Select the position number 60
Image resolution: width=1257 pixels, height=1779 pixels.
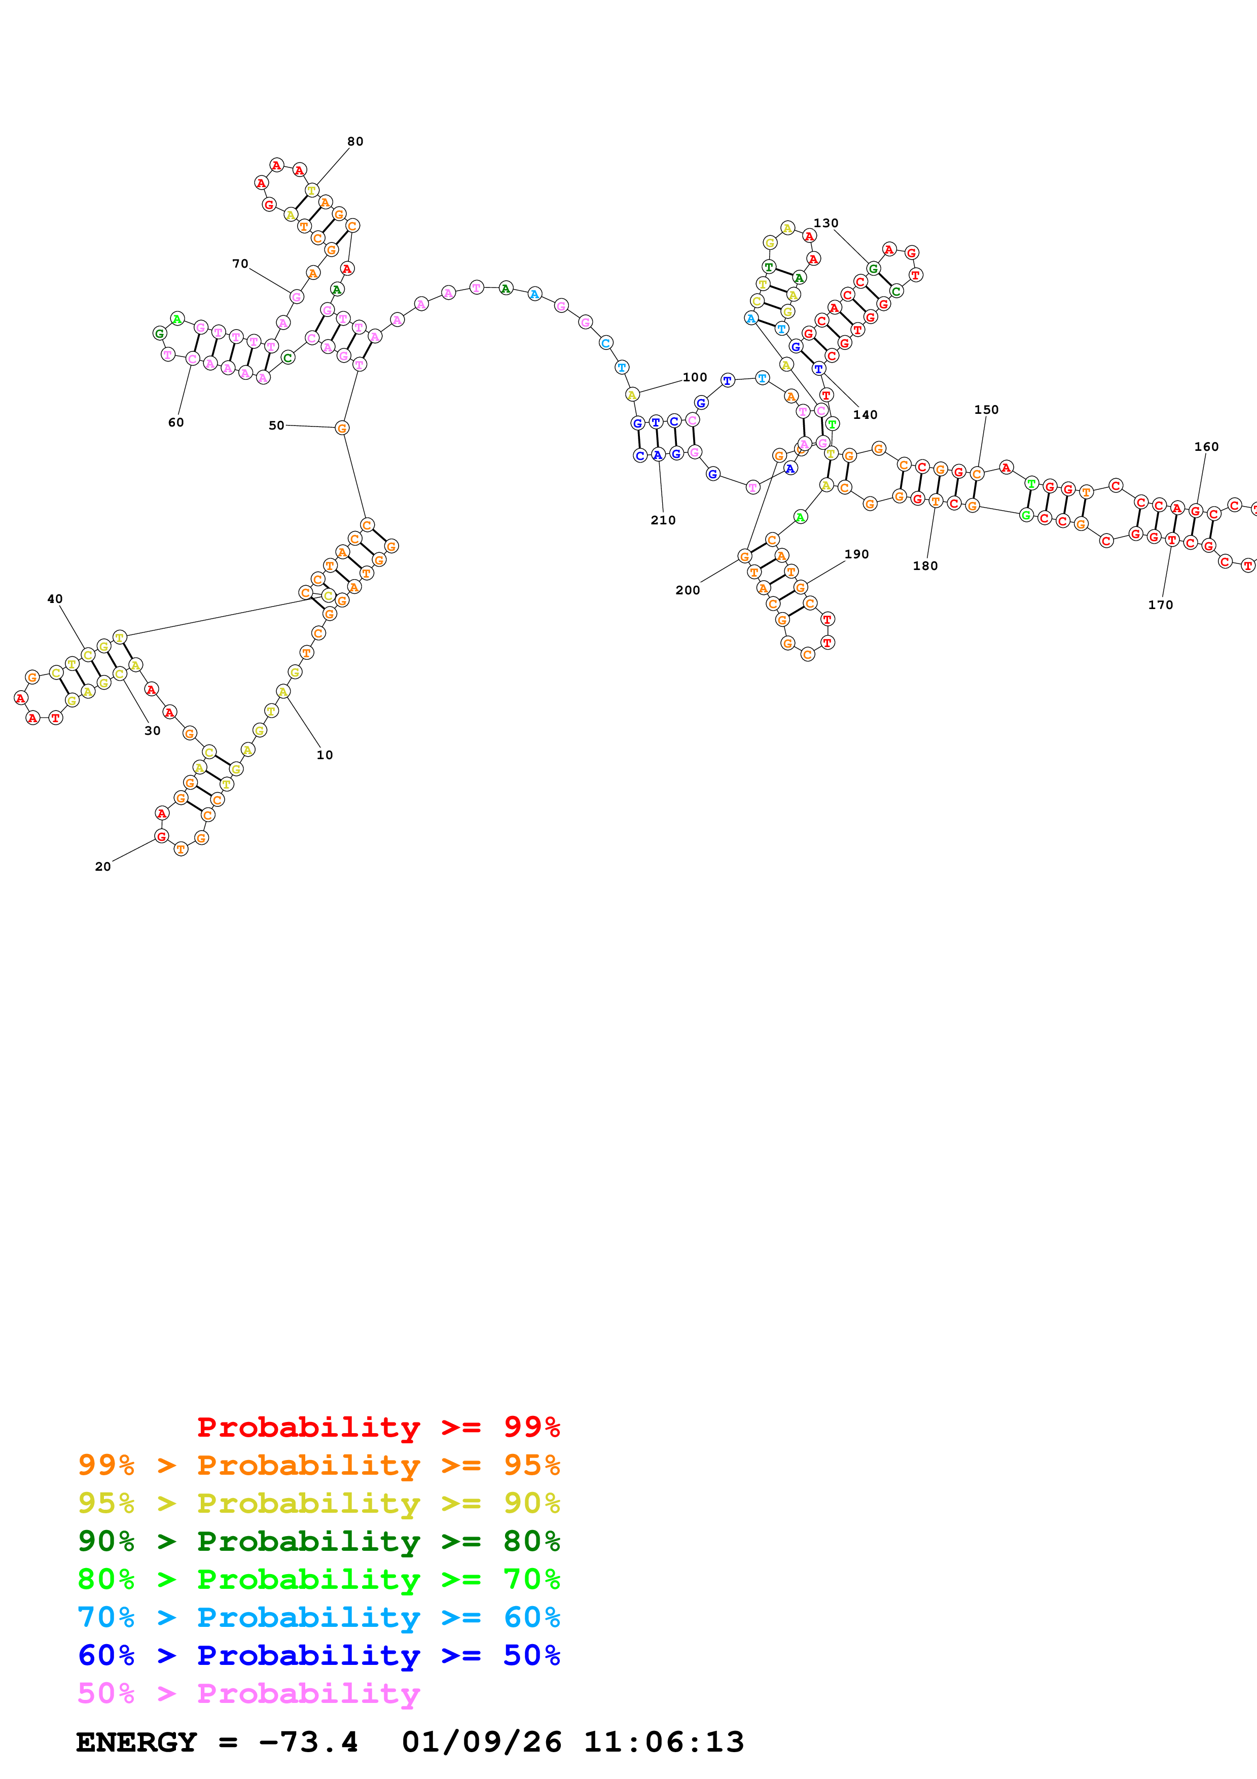[x=176, y=422]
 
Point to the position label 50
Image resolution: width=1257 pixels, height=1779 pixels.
[x=276, y=425]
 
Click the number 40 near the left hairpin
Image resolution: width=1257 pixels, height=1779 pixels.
[x=55, y=599]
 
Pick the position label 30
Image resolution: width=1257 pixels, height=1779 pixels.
[x=153, y=731]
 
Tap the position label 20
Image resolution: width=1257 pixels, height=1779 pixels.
[x=102, y=866]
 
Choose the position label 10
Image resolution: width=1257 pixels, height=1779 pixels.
[x=325, y=755]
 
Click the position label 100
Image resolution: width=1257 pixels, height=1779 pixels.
[x=695, y=377]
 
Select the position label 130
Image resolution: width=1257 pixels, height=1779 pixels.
[x=825, y=223]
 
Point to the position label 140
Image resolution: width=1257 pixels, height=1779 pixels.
[x=865, y=414]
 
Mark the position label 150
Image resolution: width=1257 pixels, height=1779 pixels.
[x=986, y=409]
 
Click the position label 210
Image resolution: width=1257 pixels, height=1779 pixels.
[x=663, y=520]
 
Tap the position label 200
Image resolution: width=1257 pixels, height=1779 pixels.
[x=688, y=590]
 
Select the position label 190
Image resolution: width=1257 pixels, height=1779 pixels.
[x=856, y=554]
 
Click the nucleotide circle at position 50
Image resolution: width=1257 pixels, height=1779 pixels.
[x=342, y=428]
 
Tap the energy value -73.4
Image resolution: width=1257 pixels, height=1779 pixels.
[x=308, y=1742]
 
